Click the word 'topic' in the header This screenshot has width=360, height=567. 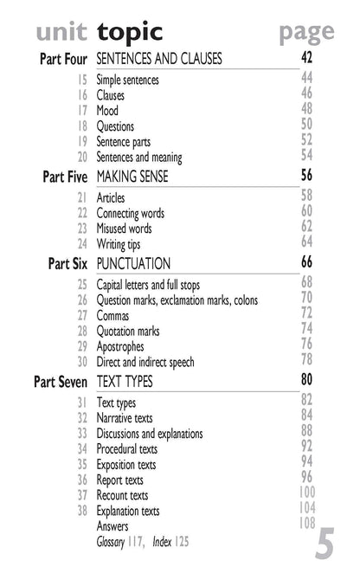pos(129,32)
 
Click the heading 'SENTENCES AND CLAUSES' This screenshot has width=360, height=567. pos(159,59)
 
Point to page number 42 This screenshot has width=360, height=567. pos(306,58)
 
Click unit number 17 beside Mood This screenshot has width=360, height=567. pos(82,111)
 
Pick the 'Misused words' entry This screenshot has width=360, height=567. pos(124,229)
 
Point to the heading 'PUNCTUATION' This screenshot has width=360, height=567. pos(133,263)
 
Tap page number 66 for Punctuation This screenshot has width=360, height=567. pos(306,261)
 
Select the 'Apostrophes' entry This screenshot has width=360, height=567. pos(120,347)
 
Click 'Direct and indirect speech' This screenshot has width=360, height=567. pos(145,363)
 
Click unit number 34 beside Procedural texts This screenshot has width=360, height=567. pos(82,449)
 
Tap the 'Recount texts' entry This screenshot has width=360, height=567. pos(122,496)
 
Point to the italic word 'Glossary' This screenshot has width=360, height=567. pos(112,543)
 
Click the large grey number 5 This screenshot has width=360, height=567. pos(325,545)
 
